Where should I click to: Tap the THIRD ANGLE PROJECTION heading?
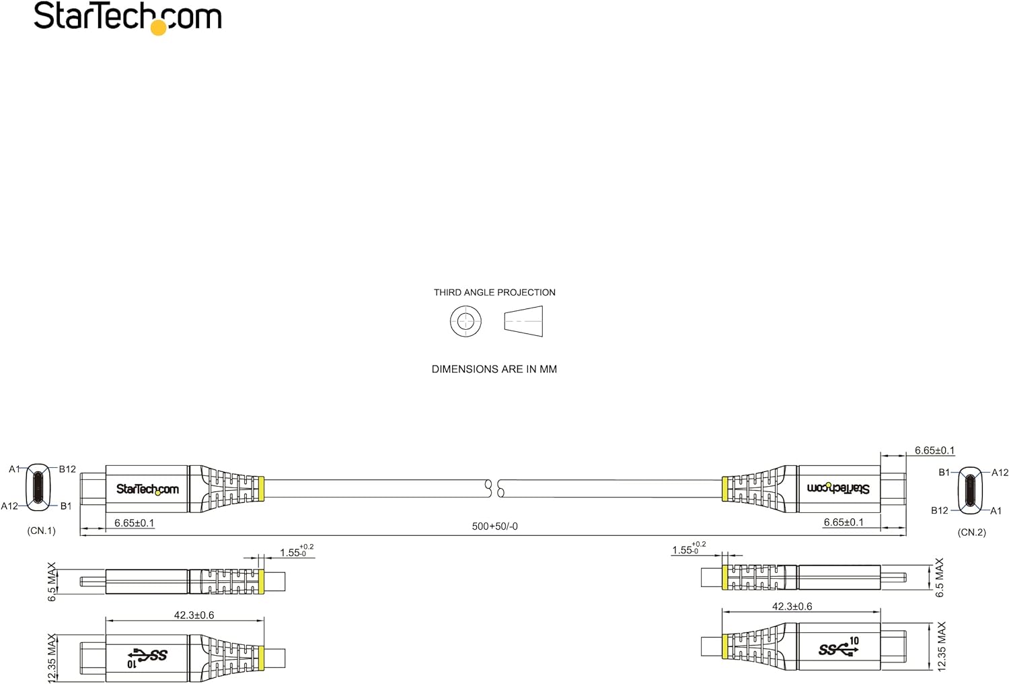pos(494,293)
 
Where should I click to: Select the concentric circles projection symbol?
pos(465,322)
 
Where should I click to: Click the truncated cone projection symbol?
pos(523,322)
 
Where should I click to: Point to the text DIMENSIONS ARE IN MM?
pos(494,370)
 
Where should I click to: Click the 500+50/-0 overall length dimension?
pos(494,526)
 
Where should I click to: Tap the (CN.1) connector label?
pos(42,531)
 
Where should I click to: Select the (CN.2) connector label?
pos(971,533)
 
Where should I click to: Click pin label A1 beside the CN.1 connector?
pos(14,469)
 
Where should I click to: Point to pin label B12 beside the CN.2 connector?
pos(940,510)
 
